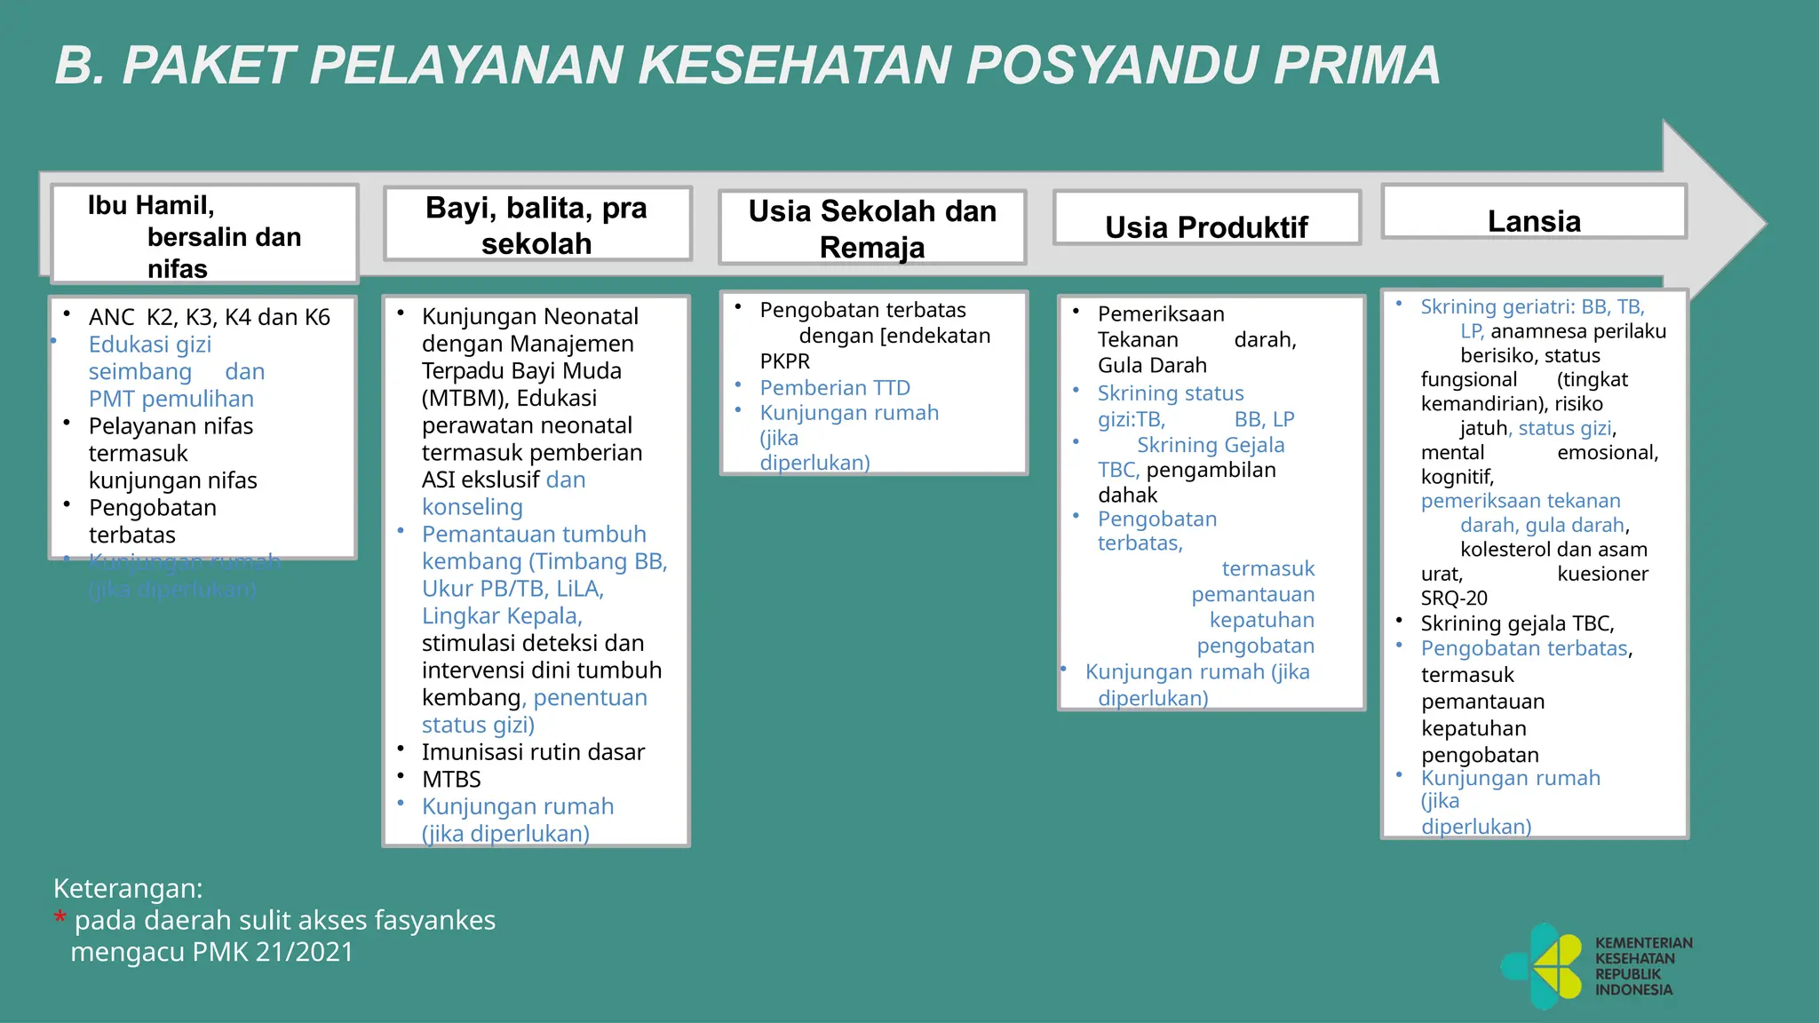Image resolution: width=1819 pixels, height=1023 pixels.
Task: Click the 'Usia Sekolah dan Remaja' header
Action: (x=872, y=228)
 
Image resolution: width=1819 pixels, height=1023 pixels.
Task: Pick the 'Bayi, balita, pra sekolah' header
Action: (x=536, y=225)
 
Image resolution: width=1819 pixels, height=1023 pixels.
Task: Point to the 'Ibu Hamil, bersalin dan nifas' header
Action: (x=204, y=235)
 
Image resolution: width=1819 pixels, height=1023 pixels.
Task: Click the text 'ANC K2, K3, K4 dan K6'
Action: (x=209, y=317)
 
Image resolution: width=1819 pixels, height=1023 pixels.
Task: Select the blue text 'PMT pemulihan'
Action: (x=171, y=399)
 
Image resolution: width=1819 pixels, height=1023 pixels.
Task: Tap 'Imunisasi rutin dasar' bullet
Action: (x=533, y=752)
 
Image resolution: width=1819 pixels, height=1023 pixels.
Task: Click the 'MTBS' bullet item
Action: (x=451, y=780)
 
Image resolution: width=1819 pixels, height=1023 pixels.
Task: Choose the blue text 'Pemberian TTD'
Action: (x=835, y=388)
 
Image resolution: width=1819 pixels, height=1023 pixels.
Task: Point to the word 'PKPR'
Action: (x=785, y=361)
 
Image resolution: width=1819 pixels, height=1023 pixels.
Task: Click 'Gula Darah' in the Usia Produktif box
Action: (x=1152, y=365)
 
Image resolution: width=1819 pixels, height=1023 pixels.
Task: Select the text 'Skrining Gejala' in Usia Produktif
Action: (x=1211, y=445)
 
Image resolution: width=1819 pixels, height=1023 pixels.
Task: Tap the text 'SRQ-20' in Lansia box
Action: (x=1454, y=598)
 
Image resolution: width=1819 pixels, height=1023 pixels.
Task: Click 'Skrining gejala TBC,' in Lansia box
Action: (x=1517, y=623)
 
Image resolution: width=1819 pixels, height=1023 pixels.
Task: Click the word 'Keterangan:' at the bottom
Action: (x=128, y=888)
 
